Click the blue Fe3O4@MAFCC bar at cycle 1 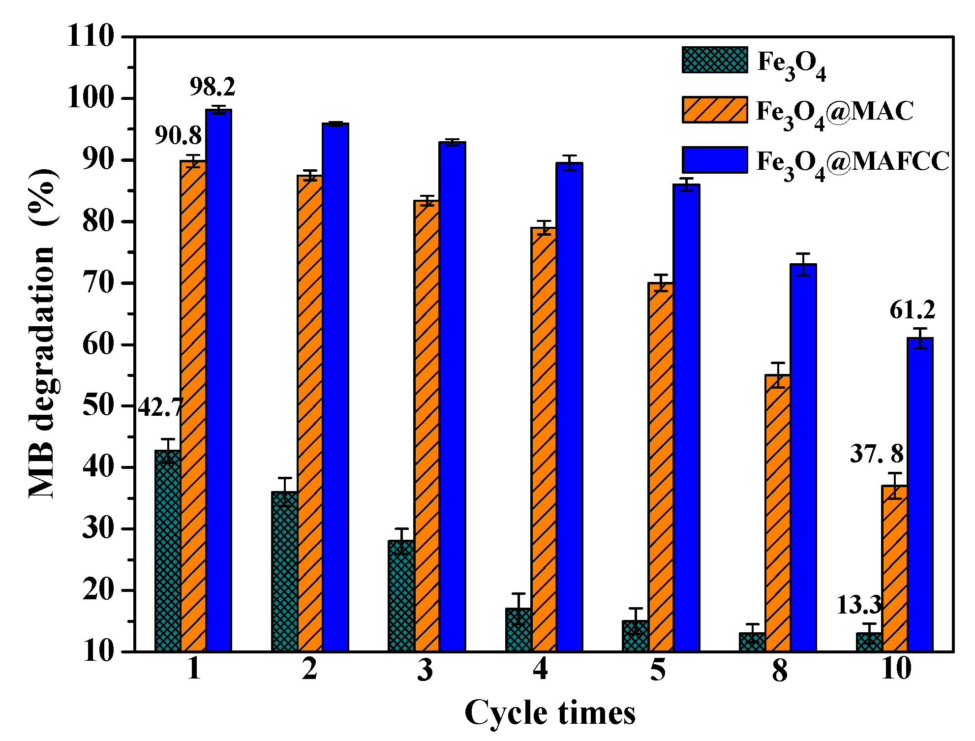218,379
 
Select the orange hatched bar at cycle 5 661,467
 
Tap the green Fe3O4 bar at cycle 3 401,595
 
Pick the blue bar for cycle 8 803,458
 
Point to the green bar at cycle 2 284,571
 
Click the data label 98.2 213,87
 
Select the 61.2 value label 912,310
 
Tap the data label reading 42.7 160,408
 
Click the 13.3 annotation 859,605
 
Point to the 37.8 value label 877,454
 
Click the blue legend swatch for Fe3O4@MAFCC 715,159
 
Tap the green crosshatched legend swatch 715,60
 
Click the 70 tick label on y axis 98,283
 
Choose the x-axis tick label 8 779,671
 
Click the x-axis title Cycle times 549,712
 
